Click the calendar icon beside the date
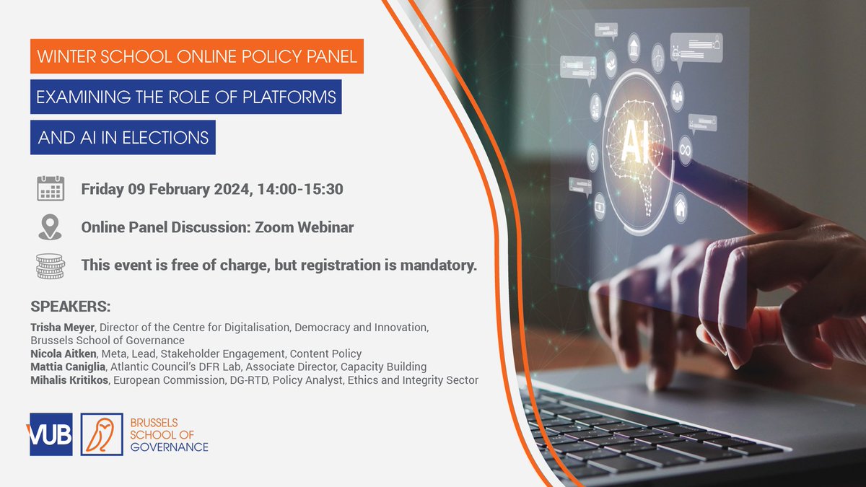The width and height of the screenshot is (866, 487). (51, 189)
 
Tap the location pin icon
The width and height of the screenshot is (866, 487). (50, 227)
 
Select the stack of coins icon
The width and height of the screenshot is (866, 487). (51, 266)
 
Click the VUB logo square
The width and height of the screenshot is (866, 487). (51, 434)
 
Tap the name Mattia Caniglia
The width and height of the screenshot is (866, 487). (65, 367)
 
